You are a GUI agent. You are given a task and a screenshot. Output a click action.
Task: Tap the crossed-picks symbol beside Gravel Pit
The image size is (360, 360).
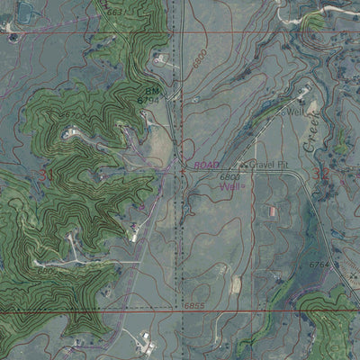tap(244, 166)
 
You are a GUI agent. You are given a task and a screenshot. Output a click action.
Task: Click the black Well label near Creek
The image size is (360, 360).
tap(293, 112)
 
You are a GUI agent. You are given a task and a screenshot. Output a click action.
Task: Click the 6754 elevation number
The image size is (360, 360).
tap(320, 265)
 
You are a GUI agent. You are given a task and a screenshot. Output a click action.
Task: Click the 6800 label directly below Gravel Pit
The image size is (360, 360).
tap(229, 177)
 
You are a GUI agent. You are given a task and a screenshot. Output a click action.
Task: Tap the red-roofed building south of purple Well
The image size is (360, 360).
tap(271, 211)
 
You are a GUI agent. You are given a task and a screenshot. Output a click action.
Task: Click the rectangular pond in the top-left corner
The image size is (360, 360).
tap(27, 12)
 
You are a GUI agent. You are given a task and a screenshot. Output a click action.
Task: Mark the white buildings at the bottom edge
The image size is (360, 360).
tap(144, 342)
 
